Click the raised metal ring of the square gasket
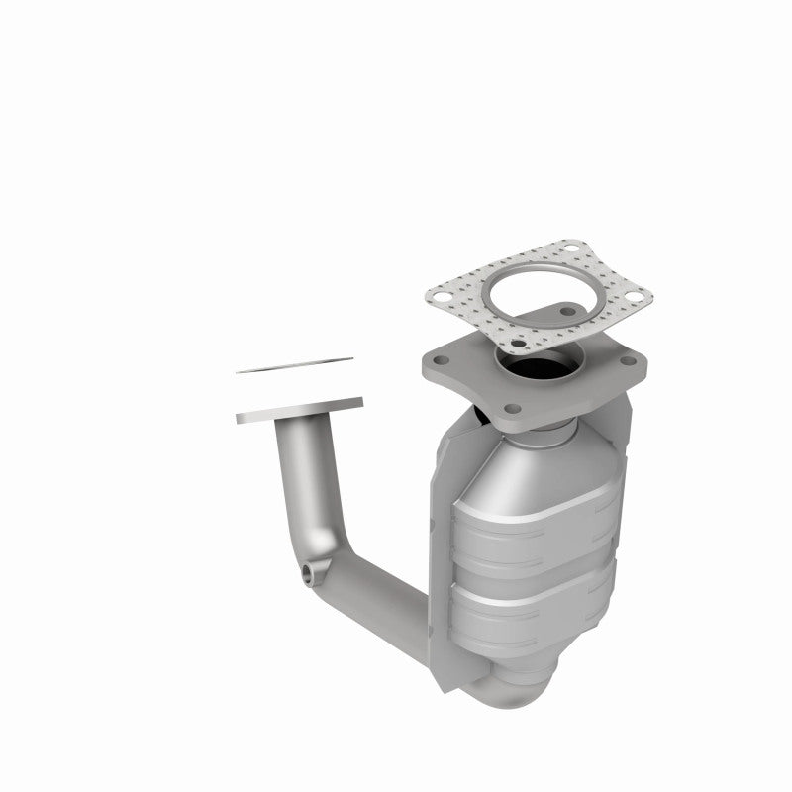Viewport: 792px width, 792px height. [x=540, y=294]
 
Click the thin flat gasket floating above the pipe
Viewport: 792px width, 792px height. [x=293, y=366]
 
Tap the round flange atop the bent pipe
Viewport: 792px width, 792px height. [x=299, y=411]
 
